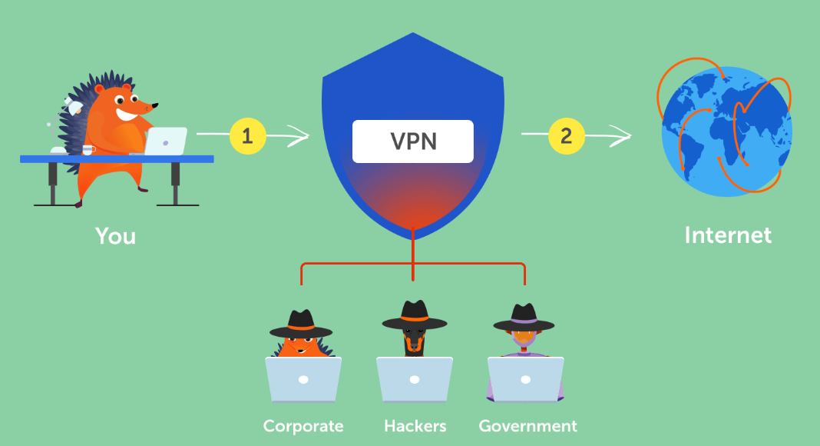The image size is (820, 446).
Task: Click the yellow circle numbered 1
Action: pyautogui.click(x=247, y=137)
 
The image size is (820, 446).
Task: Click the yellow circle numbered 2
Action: pyautogui.click(x=566, y=137)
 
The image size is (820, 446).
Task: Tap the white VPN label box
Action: pyautogui.click(x=413, y=141)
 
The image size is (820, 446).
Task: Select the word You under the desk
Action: pyautogui.click(x=115, y=235)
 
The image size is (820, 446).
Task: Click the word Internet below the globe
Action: pyautogui.click(x=728, y=235)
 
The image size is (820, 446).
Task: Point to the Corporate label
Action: pyautogui.click(x=303, y=425)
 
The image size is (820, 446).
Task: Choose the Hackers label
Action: pyautogui.click(x=415, y=425)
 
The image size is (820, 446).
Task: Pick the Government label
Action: pyautogui.click(x=527, y=425)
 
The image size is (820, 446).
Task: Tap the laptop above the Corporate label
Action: pyautogui.click(x=303, y=380)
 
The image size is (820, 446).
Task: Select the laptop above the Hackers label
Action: pyautogui.click(x=415, y=380)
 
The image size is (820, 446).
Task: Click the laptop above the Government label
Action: pyautogui.click(x=526, y=380)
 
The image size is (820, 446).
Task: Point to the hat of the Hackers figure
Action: pyautogui.click(x=415, y=313)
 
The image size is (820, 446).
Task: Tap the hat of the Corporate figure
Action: pyautogui.click(x=301, y=322)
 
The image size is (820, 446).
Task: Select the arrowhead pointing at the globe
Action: pyautogui.click(x=626, y=137)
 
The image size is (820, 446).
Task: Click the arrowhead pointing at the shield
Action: pyautogui.click(x=304, y=137)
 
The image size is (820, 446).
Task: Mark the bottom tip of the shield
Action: pyautogui.click(x=413, y=231)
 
